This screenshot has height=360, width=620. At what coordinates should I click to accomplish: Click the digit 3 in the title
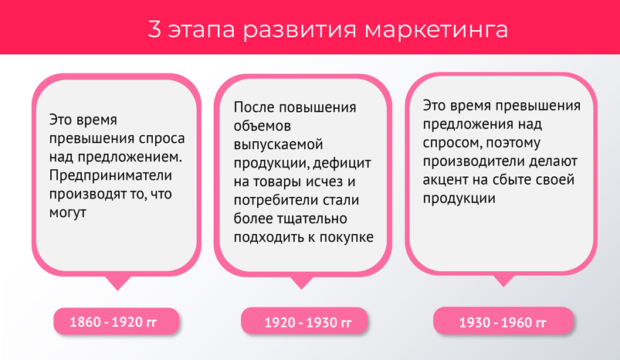click(154, 29)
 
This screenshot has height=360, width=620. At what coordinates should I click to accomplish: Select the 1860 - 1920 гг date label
click(117, 321)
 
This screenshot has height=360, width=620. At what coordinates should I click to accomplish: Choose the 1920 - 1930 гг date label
click(304, 321)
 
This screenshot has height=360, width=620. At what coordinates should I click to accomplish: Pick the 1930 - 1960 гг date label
click(503, 321)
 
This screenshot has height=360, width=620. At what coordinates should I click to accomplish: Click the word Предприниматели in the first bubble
click(110, 175)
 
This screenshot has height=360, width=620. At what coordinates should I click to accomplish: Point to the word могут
click(68, 212)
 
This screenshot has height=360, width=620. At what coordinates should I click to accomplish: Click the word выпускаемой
click(278, 144)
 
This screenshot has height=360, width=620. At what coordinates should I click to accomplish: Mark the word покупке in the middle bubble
click(346, 237)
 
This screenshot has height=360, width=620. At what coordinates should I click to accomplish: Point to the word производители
click(473, 161)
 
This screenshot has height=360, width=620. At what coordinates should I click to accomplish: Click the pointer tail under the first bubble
click(117, 283)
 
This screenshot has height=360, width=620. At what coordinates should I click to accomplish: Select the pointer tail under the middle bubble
click(302, 283)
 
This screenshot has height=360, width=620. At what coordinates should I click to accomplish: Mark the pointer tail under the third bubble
click(503, 280)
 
